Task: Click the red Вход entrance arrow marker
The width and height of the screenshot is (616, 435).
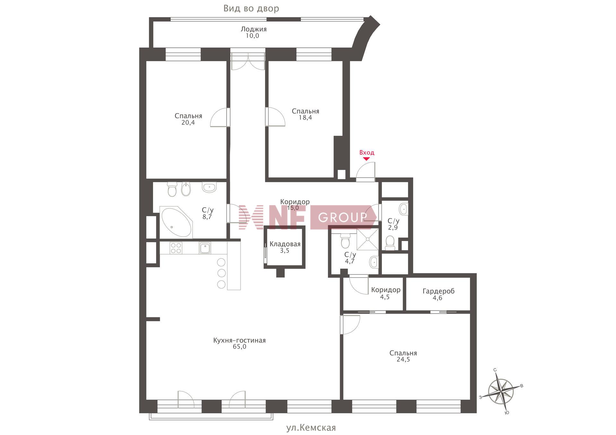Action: pyautogui.click(x=366, y=159)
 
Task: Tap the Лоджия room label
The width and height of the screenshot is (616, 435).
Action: pyautogui.click(x=253, y=29)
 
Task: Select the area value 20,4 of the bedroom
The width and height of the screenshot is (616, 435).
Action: pyautogui.click(x=188, y=122)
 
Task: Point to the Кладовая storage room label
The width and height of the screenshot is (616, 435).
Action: pyautogui.click(x=285, y=244)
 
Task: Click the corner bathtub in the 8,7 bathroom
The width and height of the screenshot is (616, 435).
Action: pyautogui.click(x=176, y=222)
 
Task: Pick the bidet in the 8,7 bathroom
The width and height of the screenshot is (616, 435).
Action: pyautogui.click(x=186, y=189)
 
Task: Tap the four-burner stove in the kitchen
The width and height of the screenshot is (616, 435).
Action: pyautogui.click(x=176, y=248)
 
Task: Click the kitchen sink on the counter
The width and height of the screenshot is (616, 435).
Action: pyautogui.click(x=205, y=248)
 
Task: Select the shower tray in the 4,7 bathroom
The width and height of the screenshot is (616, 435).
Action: pyautogui.click(x=368, y=239)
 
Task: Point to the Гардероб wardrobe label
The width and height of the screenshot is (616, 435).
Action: pyautogui.click(x=439, y=291)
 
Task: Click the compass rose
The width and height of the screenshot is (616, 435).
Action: pyautogui.click(x=501, y=391)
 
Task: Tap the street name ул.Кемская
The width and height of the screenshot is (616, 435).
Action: pyautogui.click(x=311, y=428)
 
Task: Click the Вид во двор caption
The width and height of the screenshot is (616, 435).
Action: pyautogui.click(x=251, y=8)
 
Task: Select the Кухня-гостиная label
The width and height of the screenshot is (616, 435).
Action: pyautogui.click(x=239, y=340)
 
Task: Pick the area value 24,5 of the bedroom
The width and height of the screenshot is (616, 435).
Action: pyautogui.click(x=403, y=359)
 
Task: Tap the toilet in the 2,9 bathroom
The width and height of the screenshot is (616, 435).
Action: pyautogui.click(x=390, y=243)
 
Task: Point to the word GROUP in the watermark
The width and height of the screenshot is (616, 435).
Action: pyautogui.click(x=343, y=218)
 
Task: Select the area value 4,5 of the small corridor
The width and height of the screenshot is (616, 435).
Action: pyautogui.click(x=385, y=297)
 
